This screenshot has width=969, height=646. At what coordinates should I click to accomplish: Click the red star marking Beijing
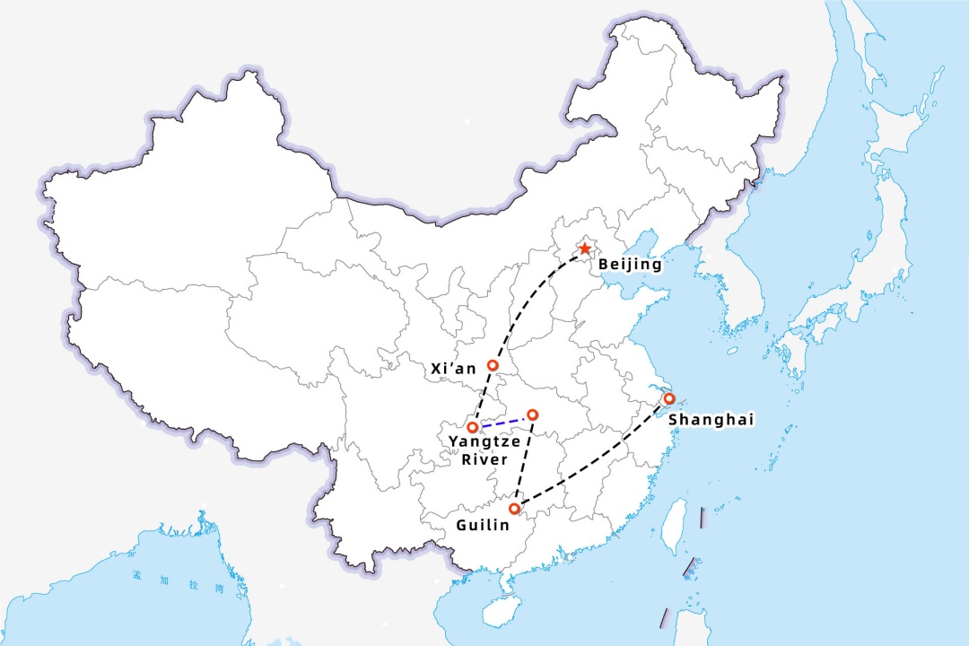tap(585, 248)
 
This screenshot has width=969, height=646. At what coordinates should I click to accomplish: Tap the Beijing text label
tap(630, 265)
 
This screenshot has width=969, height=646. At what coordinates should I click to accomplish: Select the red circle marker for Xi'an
tap(493, 365)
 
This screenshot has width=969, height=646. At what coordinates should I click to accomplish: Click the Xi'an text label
tap(454, 368)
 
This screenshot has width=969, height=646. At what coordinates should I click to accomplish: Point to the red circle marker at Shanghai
tap(668, 398)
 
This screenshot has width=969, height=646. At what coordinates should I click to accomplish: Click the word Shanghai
tap(711, 419)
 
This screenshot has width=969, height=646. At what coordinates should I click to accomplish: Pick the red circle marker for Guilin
tap(514, 508)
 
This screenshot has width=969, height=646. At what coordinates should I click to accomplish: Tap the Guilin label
tap(476, 523)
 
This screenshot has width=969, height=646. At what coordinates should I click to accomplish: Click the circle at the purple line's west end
tap(473, 427)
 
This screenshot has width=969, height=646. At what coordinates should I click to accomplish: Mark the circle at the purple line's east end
tap(533, 415)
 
